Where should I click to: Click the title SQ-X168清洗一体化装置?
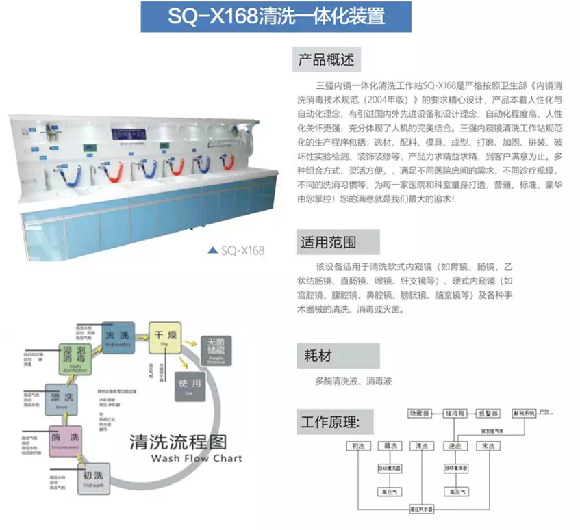click(x=276, y=16)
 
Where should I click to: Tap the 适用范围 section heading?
click(x=328, y=241)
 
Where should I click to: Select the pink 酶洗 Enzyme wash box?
click(x=64, y=438)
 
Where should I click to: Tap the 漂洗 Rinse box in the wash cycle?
click(x=60, y=399)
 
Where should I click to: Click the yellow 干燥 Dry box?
click(x=163, y=337)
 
